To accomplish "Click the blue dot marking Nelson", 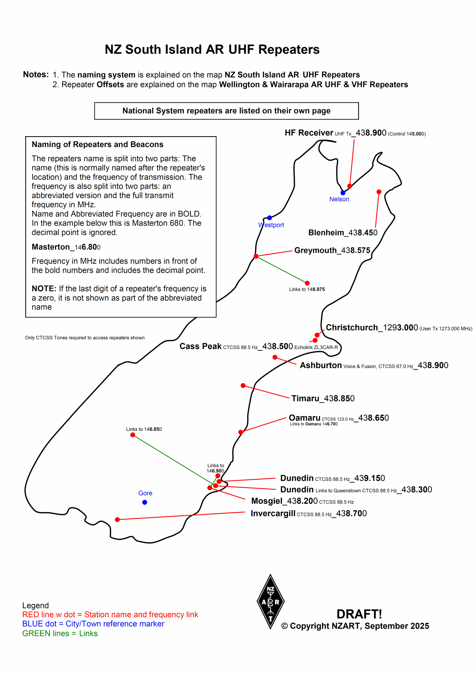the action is point(343,193).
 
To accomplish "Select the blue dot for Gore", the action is point(145,502).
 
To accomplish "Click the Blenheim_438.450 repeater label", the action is point(343,233).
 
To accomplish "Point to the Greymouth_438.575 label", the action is point(332,250).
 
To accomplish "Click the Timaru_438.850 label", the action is point(323,398).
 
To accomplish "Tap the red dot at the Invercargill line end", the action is point(117,520).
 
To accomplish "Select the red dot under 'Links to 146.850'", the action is point(133,435).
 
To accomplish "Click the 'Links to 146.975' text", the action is point(307,289).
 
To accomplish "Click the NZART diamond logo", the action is point(270,602).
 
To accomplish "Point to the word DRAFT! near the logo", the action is point(359,614).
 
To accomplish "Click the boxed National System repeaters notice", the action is point(226,111).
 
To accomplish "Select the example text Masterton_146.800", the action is point(66,247).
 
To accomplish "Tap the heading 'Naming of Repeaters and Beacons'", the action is point(97,145).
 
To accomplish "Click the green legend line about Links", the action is point(60,633).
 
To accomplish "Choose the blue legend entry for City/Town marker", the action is point(93,624).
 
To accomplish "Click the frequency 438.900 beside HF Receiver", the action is point(371,133).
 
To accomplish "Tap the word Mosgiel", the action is point(267,501).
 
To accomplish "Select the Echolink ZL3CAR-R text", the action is point(316,348).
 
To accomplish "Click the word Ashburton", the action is point(321,365).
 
